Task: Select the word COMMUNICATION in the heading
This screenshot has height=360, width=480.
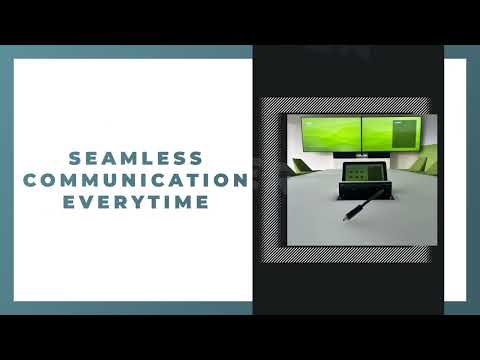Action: [136, 180]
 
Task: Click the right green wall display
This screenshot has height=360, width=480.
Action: [393, 134]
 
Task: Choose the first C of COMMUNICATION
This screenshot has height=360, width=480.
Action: [31, 180]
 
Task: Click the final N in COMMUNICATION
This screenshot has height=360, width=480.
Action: [241, 180]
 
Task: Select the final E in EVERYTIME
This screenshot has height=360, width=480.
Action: [205, 201]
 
